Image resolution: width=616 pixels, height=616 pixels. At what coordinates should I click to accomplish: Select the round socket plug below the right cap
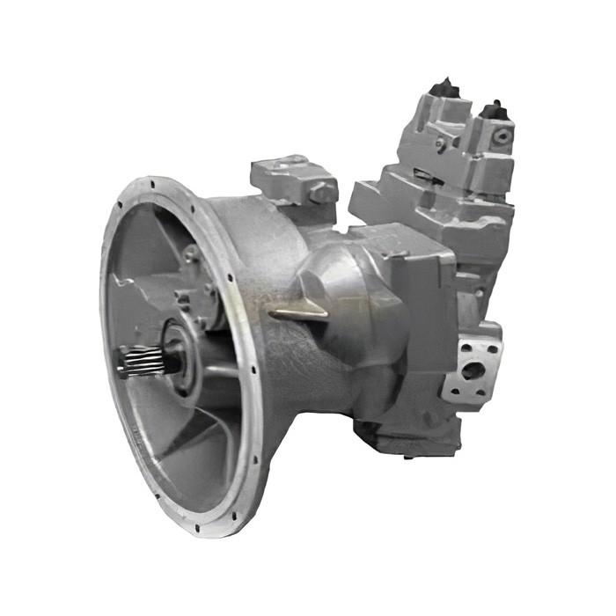click(x=502, y=136)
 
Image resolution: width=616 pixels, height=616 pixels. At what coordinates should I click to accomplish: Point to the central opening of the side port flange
click(x=473, y=370)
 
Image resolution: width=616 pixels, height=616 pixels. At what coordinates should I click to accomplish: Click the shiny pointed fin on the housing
click(x=299, y=310)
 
